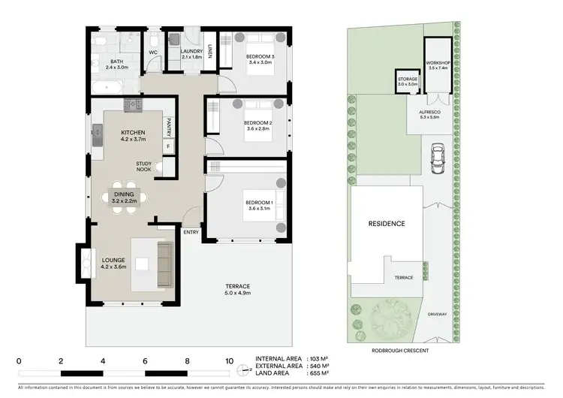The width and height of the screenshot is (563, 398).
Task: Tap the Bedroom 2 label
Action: pos(257,125)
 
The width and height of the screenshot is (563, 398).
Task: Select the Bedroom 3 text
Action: pos(260,59)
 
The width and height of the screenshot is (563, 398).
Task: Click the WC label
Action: pos(152,53)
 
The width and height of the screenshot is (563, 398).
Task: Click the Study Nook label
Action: pos(143,166)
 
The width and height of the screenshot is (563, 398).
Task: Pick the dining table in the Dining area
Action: pos(125,199)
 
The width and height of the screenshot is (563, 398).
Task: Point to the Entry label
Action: pos(191,232)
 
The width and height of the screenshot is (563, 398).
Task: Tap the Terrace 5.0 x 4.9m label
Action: pos(237,290)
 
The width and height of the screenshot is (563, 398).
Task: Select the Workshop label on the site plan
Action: pos(437,65)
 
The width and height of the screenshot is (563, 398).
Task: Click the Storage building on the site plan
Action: pos(407,82)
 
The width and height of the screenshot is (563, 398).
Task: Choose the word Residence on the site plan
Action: pos(387,223)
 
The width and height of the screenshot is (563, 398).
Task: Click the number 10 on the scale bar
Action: pos(228,360)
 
